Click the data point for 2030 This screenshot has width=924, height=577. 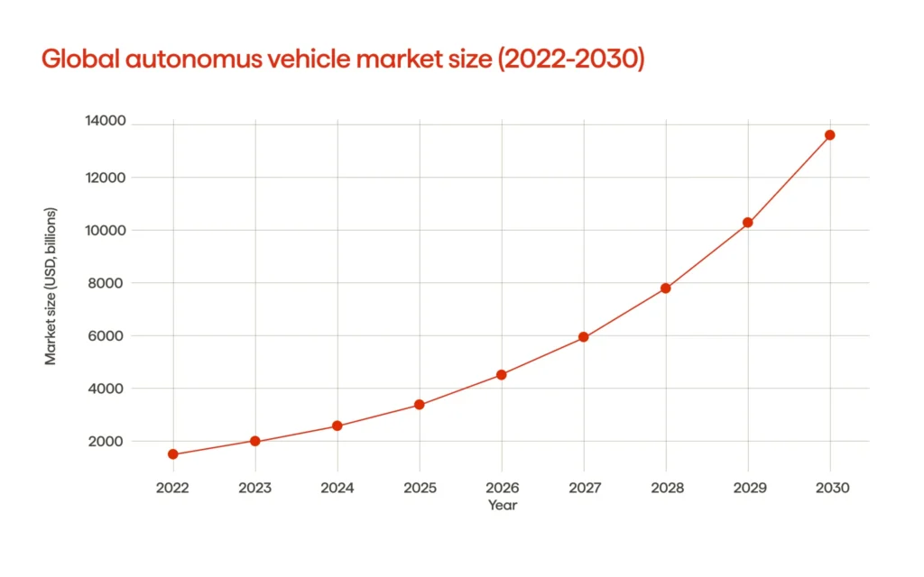point(829,135)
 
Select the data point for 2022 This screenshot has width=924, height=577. point(173,454)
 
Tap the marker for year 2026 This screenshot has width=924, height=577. point(502,374)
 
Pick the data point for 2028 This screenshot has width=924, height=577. point(666,288)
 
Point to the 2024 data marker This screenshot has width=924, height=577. point(337,426)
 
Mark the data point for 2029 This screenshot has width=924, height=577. point(747,223)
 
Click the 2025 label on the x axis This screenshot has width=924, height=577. point(420,488)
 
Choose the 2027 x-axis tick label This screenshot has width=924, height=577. point(584,488)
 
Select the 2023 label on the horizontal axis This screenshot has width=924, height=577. point(255,488)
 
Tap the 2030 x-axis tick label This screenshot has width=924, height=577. point(830,488)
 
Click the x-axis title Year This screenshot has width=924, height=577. point(503,506)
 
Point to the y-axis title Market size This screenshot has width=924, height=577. point(51,286)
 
